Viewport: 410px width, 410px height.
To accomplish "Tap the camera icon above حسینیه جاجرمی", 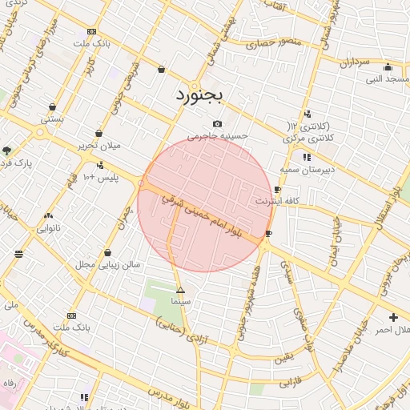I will [x=218, y=124].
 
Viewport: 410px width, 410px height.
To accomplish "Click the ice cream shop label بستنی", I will [x=52, y=119].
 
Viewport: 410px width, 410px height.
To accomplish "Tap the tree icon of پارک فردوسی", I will [x=7, y=151].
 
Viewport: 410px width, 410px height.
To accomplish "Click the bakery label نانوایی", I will [x=48, y=228].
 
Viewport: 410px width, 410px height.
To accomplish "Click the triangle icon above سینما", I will [x=180, y=289].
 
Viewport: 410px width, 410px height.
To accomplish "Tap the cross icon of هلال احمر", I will [x=392, y=317].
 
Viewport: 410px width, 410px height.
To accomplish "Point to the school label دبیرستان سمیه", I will [x=307, y=170].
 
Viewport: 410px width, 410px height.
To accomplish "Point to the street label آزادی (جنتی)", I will [x=182, y=332].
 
